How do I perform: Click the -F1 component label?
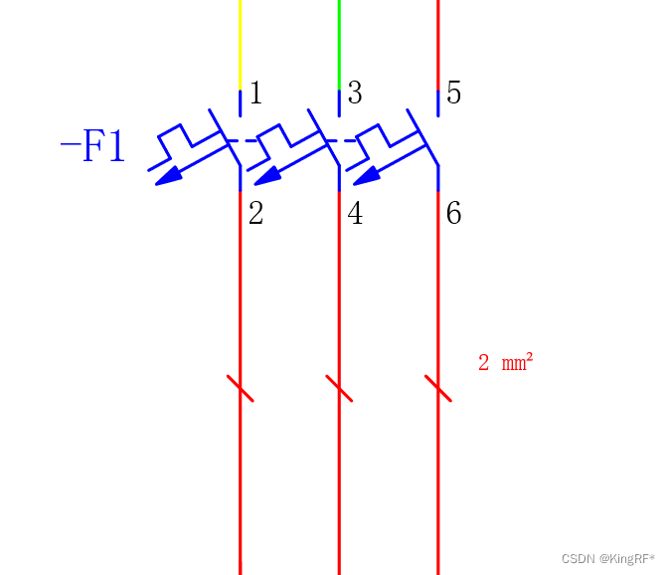(92, 145)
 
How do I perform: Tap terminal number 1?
(255, 93)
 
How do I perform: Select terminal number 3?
(355, 93)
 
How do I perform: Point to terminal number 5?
(453, 93)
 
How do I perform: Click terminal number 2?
(255, 213)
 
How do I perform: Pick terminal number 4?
(355, 213)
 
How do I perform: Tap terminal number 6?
(453, 213)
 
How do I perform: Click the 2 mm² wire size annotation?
(506, 362)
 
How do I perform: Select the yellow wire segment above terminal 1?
(241, 45)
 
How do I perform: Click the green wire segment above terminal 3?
(339, 45)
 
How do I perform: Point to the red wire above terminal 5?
(438, 45)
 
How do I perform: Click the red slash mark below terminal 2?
(241, 389)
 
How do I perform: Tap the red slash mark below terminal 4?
(339, 389)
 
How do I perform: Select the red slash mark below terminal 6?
(438, 389)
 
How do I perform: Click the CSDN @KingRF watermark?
(608, 559)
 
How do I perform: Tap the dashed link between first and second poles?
(242, 140)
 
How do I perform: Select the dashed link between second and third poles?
(341, 140)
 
